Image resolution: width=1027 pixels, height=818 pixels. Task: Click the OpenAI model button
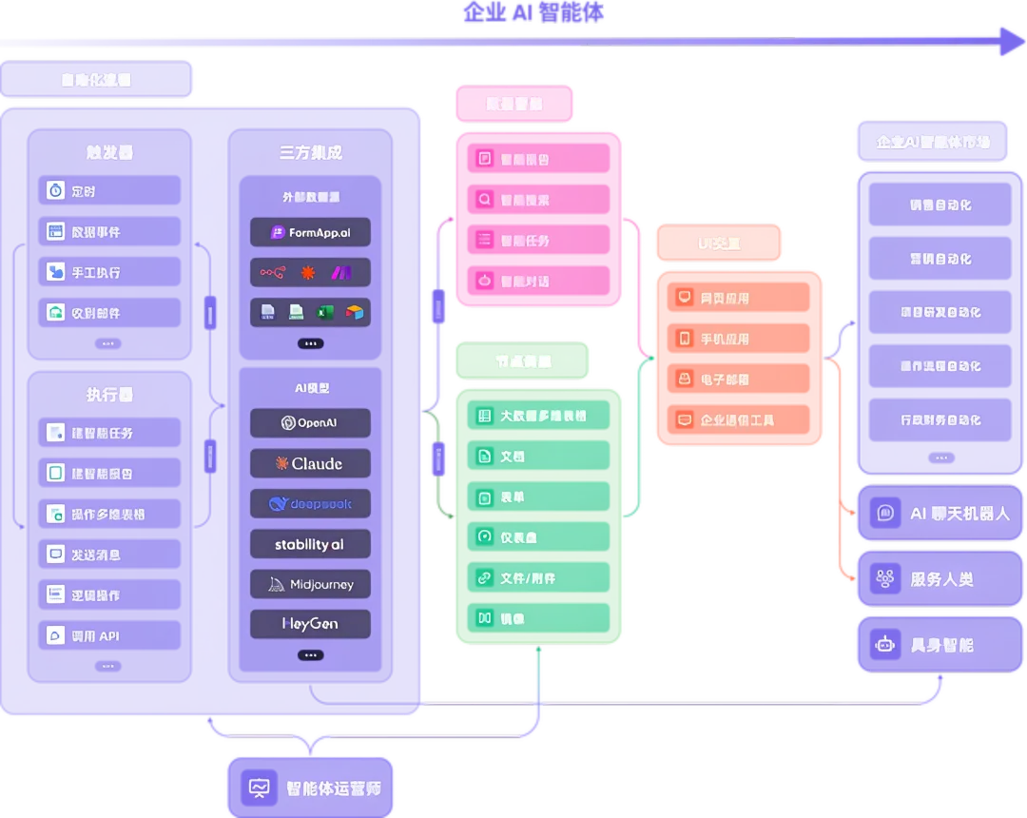(310, 423)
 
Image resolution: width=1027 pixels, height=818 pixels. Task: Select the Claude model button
(310, 463)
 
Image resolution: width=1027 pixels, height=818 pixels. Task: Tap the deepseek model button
(310, 504)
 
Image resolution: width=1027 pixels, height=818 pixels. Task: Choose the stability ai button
(310, 545)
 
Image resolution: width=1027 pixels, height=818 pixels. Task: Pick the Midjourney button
(310, 585)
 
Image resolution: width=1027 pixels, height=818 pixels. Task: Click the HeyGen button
(310, 625)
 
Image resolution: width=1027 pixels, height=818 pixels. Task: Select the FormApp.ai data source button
(310, 232)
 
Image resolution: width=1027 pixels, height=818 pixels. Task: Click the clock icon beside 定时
(56, 191)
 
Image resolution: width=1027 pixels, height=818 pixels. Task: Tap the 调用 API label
(95, 636)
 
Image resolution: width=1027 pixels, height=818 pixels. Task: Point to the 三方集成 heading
(310, 152)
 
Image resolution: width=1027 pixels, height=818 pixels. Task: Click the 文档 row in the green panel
(538, 457)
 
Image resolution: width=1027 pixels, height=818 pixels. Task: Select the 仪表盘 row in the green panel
(538, 537)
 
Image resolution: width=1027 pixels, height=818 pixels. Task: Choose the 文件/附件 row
(538, 578)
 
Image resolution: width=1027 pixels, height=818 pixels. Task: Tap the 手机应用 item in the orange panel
(725, 339)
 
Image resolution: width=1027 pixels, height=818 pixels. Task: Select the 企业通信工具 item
(737, 419)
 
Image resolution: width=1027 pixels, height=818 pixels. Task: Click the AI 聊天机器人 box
(940, 514)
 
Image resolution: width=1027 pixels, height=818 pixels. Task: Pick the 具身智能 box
(940, 645)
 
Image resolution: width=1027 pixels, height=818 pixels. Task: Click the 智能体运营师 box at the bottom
(310, 788)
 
